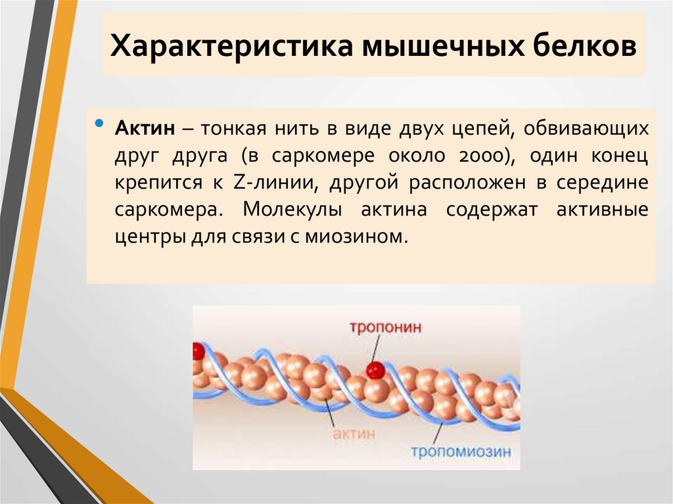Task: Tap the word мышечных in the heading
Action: [421, 47]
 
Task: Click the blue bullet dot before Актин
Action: [99, 123]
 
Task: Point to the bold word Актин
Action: [145, 129]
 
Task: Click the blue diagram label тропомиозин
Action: [461, 452]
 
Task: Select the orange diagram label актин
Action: [354, 434]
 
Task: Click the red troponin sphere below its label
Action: [375, 370]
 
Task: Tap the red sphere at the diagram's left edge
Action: [198, 352]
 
